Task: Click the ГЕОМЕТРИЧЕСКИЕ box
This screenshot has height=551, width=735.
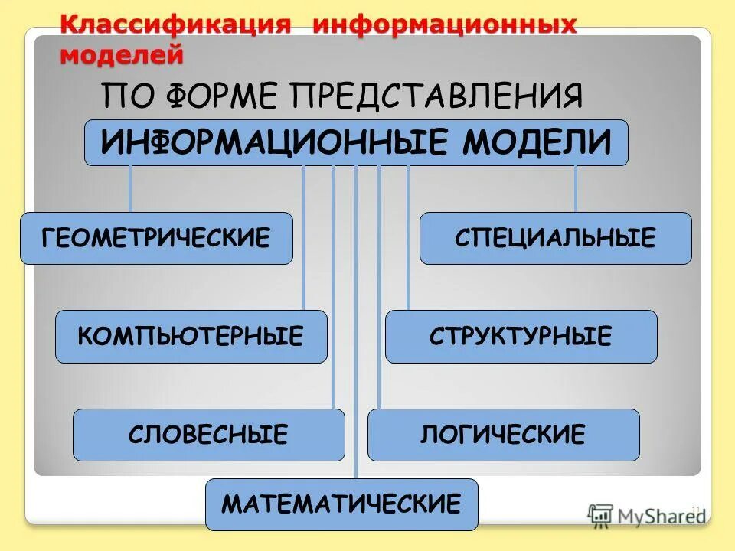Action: coord(156,239)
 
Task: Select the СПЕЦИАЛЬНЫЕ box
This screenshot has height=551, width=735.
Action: coord(555,239)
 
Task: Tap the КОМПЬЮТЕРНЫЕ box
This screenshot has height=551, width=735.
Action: coord(191,337)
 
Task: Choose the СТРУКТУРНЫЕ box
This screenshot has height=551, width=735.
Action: coord(521,337)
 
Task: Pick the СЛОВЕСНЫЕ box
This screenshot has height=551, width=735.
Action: coord(208,435)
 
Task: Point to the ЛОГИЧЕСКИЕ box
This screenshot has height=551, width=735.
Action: coord(503,435)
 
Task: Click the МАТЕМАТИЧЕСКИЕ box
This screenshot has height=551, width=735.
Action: coord(341,504)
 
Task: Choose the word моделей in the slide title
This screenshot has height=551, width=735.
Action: coord(122,54)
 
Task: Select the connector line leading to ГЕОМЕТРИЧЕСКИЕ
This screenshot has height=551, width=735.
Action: coord(129,189)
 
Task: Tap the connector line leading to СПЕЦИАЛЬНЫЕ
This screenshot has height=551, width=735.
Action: coord(576,189)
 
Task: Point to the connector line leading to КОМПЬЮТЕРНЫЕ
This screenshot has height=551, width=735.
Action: coord(304,237)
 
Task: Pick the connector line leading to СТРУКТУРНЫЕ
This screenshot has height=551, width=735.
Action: coord(407,237)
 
